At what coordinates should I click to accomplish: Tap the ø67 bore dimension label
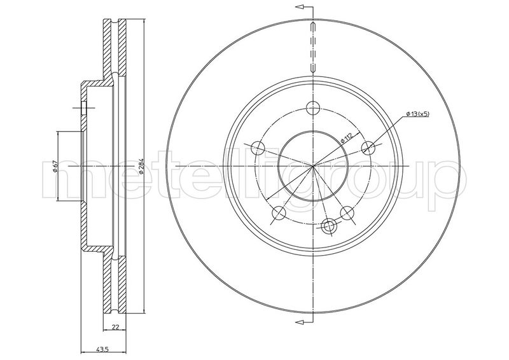pyautogui.click(x=55, y=167)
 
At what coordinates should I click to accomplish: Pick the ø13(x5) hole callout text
pyautogui.click(x=417, y=114)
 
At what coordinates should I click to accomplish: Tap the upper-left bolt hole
pyautogui.click(x=257, y=148)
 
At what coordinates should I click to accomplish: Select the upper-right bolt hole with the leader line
pyautogui.click(x=368, y=148)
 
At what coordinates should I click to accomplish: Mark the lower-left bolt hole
pyautogui.click(x=278, y=213)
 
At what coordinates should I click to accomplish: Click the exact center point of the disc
pyautogui.click(x=312, y=166)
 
